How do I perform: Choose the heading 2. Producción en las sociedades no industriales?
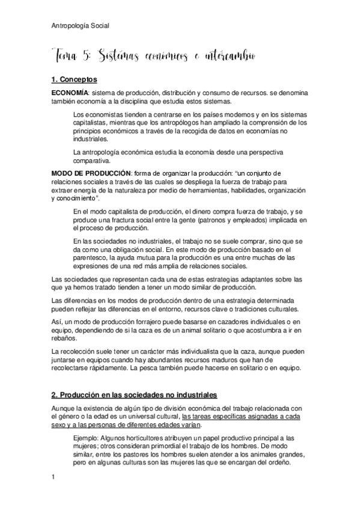(x=134, y=395)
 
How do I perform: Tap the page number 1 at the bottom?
(x=53, y=478)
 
